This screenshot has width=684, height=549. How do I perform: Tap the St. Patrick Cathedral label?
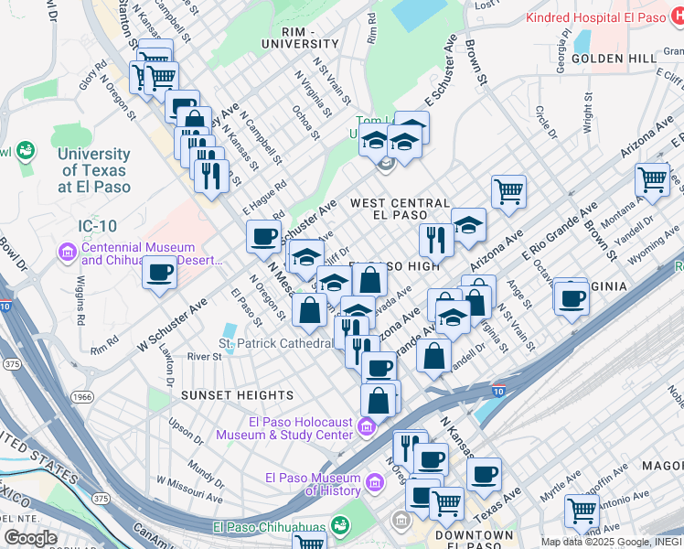(274, 343)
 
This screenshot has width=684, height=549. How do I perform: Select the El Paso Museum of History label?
(312, 484)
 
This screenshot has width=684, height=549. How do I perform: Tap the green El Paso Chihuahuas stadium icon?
(340, 525)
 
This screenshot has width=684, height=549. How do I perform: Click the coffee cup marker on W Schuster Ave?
(160, 272)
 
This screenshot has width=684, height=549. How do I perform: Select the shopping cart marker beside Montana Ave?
(651, 179)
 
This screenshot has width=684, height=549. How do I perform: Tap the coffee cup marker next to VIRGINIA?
(572, 297)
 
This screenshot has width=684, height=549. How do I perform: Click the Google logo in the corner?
(30, 538)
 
